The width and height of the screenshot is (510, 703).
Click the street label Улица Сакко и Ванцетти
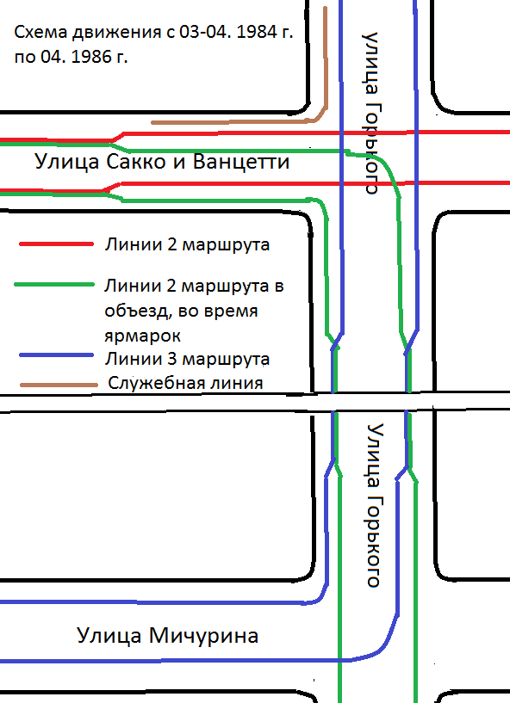pyautogui.click(x=162, y=162)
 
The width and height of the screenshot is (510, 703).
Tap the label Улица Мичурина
pyautogui.click(x=167, y=636)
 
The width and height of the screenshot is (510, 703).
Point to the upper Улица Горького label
pyautogui.click(x=370, y=113)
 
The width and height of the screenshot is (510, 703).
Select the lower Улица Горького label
pyautogui.click(x=376, y=505)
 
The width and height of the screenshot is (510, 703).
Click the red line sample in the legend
pyautogui.click(x=56, y=244)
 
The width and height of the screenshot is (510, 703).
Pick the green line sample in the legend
pyautogui.click(x=54, y=285)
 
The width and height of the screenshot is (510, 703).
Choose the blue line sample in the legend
pyautogui.click(x=57, y=355)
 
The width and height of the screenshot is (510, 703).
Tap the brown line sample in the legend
pyautogui.click(x=59, y=385)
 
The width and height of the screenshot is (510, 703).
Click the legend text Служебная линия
pyautogui.click(x=185, y=383)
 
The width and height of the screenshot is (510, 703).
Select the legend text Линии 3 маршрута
pyautogui.click(x=187, y=359)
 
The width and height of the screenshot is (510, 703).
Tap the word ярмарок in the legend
pyautogui.click(x=142, y=336)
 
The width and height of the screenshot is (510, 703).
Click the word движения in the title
pyautogui.click(x=116, y=33)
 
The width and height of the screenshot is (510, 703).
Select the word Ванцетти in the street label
pyautogui.click(x=241, y=162)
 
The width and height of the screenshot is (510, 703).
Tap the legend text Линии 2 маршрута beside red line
pyautogui.click(x=187, y=244)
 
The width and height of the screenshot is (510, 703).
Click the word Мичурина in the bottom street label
pyautogui.click(x=204, y=636)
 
